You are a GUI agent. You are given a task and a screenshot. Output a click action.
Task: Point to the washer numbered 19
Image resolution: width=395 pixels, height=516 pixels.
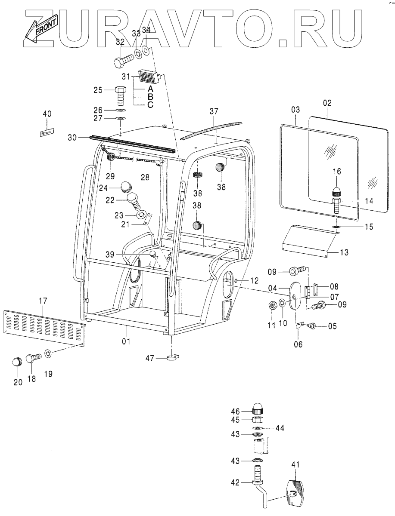point(48,354)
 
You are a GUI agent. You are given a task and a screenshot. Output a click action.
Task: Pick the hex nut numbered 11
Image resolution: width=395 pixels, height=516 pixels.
point(273,306)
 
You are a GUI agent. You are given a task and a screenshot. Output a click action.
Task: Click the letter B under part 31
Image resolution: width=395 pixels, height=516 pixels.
point(150,96)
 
